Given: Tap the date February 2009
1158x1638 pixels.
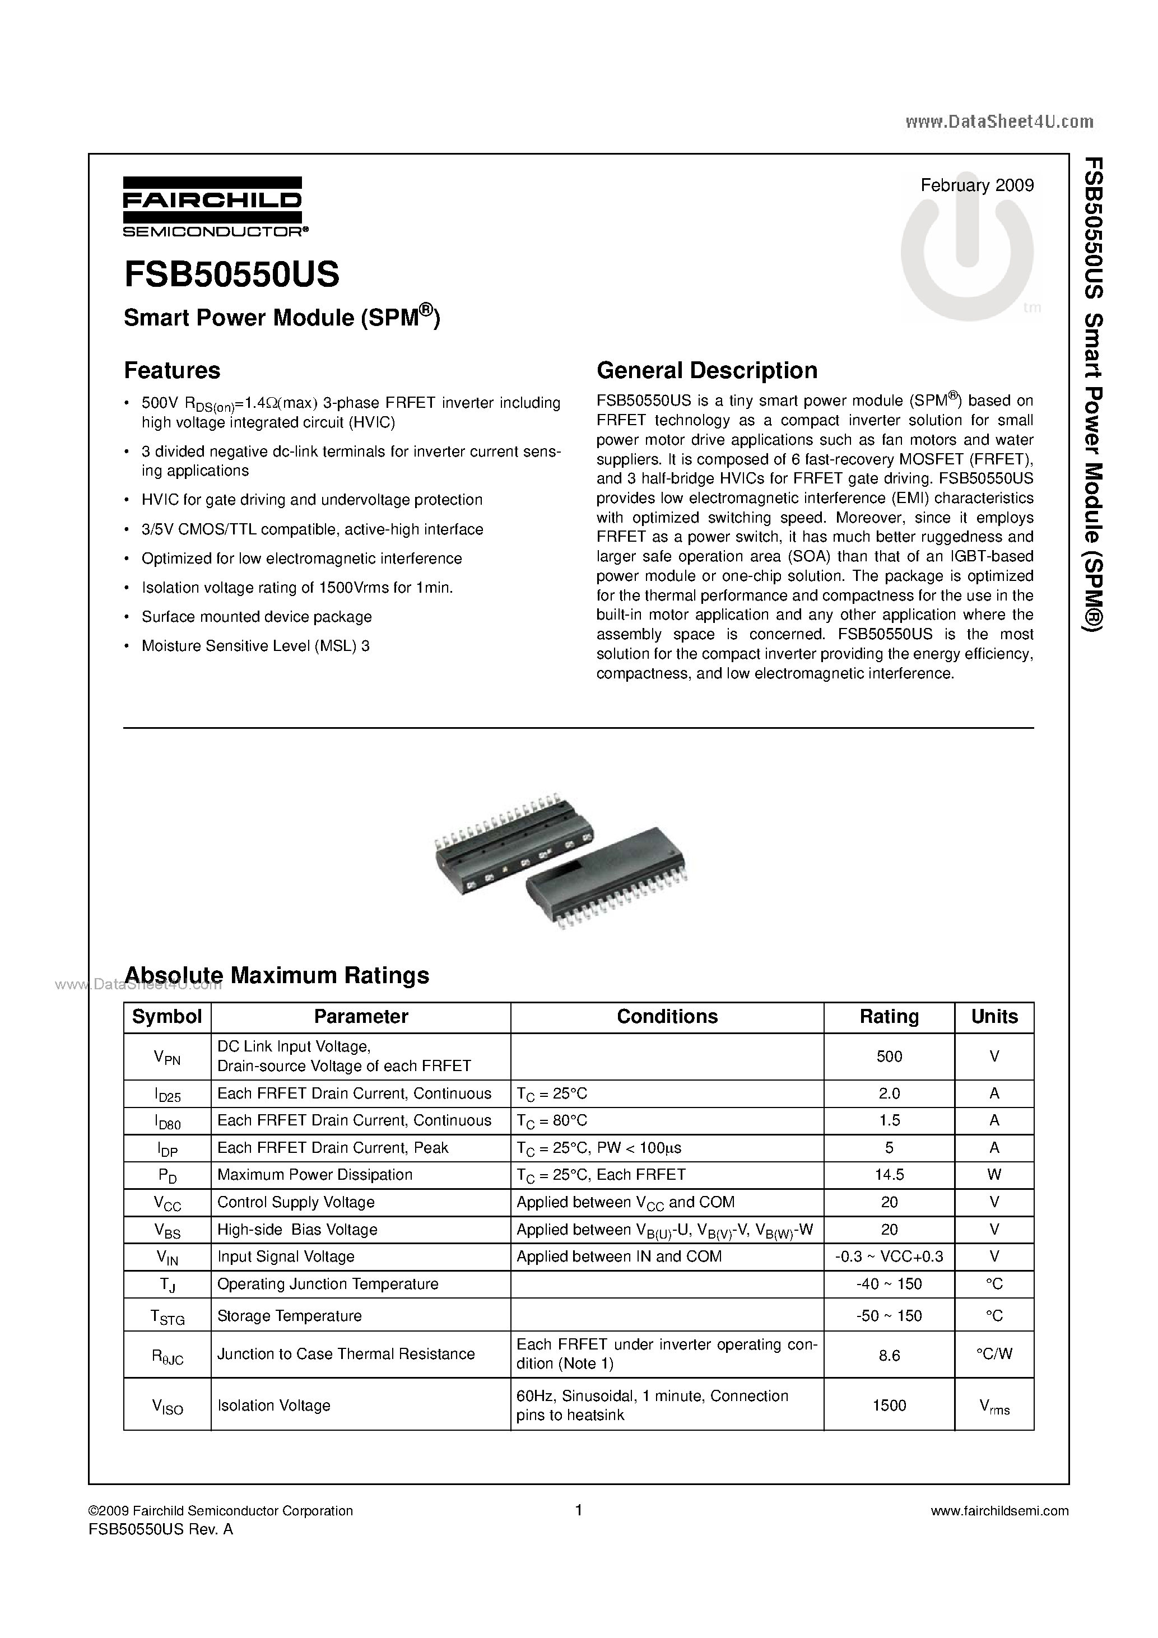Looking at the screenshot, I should [x=977, y=186].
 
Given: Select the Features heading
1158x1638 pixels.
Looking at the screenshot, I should [x=172, y=371].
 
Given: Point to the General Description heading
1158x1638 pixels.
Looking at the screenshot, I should [x=706, y=371].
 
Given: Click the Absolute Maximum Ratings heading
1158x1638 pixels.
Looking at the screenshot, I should [x=277, y=975].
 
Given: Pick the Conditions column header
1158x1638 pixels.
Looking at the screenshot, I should [x=667, y=1017].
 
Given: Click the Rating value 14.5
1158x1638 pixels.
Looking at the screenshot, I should [x=889, y=1175].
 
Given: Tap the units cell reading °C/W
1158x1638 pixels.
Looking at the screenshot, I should [x=994, y=1355].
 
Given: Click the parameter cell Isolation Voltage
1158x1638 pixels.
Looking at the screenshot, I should [x=273, y=1406].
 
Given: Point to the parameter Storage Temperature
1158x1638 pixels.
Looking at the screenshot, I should [x=289, y=1315].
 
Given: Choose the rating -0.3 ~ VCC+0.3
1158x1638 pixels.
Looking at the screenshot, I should [x=889, y=1257].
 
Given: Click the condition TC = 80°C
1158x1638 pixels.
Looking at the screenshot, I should [x=551, y=1121].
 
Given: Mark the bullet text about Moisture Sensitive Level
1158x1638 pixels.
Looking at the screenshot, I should [x=255, y=646].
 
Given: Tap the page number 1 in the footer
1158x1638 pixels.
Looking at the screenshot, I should [x=579, y=1510].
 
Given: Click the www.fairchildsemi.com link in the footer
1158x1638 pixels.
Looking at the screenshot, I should [x=999, y=1511].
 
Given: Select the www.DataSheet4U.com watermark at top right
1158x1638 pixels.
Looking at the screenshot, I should [x=999, y=122].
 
